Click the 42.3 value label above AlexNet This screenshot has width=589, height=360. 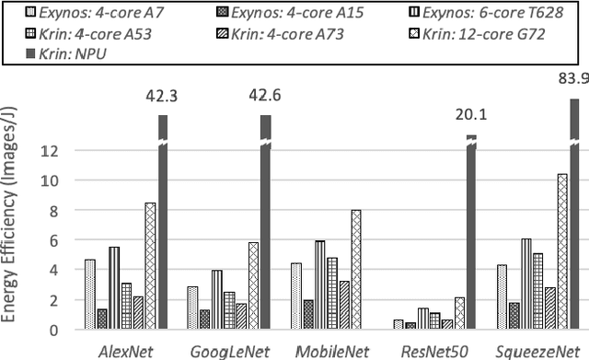163,96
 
